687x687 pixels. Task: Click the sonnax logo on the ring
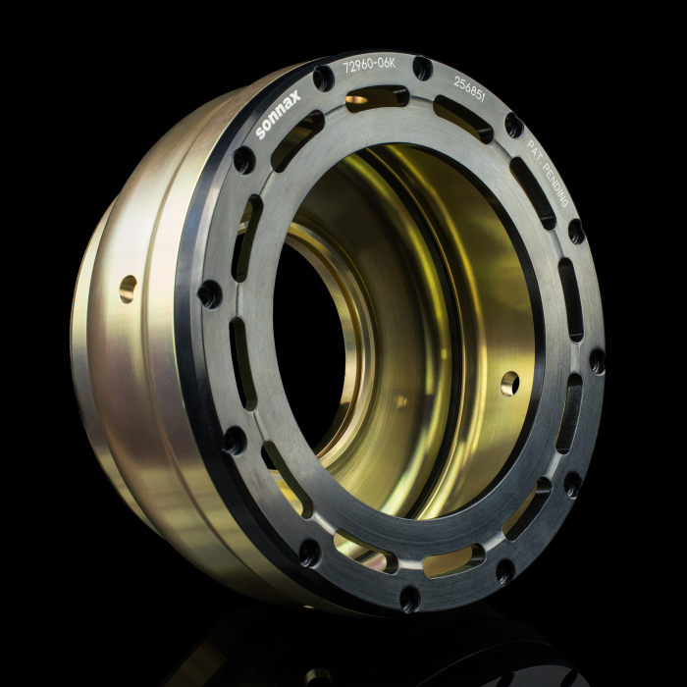[x=278, y=114]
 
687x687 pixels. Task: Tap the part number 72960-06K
[x=369, y=66]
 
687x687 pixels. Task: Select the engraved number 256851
[x=469, y=89]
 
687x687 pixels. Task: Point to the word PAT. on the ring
[x=534, y=151]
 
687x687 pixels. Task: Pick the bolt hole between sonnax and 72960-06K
[x=323, y=79]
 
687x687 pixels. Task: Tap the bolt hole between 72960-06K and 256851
[x=422, y=69]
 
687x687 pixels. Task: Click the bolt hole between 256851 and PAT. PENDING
[x=514, y=126]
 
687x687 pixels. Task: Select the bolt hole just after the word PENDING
[x=576, y=232]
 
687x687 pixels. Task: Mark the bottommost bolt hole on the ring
[x=410, y=599]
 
